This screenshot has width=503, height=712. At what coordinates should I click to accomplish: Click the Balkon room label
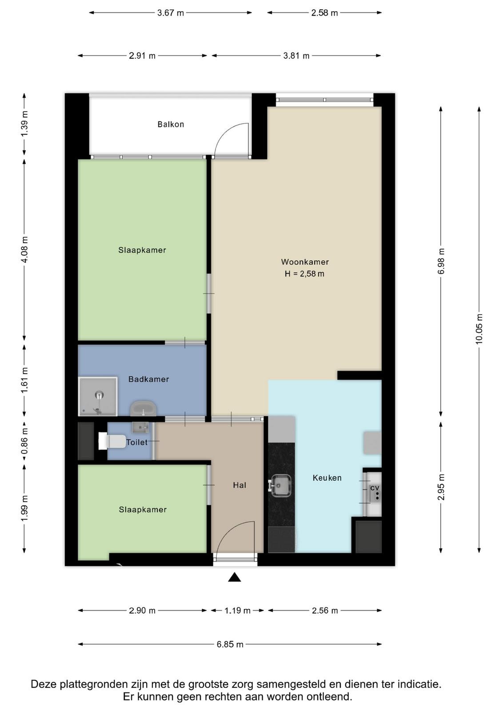click(x=171, y=124)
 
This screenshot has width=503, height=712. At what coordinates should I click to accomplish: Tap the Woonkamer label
click(x=305, y=262)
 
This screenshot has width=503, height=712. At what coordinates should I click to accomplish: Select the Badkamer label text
click(x=148, y=379)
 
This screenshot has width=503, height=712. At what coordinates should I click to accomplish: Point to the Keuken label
click(x=327, y=478)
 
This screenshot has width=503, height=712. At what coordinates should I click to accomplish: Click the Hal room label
click(x=240, y=485)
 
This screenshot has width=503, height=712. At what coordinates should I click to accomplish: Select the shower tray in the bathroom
click(x=98, y=396)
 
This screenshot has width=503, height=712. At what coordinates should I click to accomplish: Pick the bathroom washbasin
click(x=144, y=409)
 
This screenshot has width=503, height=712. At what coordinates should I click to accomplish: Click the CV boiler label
click(x=375, y=488)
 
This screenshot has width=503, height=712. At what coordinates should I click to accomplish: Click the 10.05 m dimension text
click(x=479, y=329)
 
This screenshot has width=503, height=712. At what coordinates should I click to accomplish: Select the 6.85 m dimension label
click(x=230, y=644)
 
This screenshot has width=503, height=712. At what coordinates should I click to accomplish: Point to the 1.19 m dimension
click(x=237, y=611)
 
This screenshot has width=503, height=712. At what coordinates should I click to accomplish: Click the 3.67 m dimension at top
click(x=171, y=13)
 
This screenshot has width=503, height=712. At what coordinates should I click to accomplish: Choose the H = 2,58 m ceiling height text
click(x=304, y=274)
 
